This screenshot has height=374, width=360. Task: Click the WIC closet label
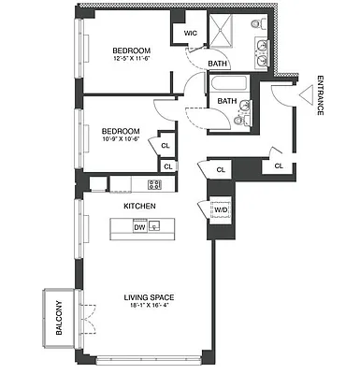pos(191,33)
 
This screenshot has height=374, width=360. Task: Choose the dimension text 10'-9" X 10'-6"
pos(121,139)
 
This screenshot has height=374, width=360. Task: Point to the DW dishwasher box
pos(139,226)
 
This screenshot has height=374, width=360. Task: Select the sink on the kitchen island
pos(157,226)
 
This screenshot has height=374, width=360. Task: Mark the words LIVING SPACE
pos(150,297)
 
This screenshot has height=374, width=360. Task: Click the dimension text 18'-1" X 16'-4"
pos(150,306)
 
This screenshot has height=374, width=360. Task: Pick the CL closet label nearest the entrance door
pos(279,166)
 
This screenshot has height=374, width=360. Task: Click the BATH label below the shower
pos(218,64)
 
